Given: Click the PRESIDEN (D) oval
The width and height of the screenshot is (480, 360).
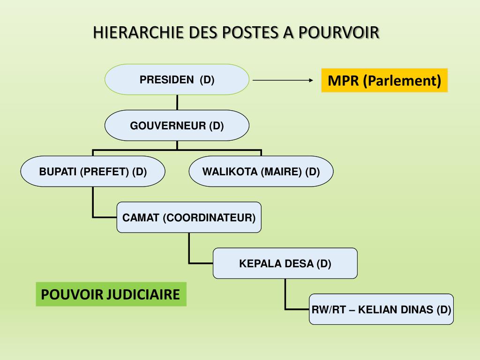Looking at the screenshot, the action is pyautogui.click(x=177, y=80).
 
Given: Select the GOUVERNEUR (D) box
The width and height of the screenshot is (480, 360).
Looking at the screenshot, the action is pyautogui.click(x=177, y=126).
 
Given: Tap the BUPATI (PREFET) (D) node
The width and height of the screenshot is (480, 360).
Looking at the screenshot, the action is pyautogui.click(x=93, y=172).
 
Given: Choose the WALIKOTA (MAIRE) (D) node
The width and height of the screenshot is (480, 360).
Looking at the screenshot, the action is pyautogui.click(x=261, y=172).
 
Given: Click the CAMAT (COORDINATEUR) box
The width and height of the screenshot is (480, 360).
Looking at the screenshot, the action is pyautogui.click(x=189, y=217).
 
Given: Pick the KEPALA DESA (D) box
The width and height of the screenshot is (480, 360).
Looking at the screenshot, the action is pyautogui.click(x=285, y=263).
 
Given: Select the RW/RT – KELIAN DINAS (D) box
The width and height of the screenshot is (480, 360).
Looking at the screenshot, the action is pyautogui.click(x=381, y=309).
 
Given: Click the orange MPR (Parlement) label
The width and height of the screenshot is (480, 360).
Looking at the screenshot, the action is pyautogui.click(x=384, y=81).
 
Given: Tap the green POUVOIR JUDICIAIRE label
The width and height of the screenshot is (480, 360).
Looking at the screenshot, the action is pyautogui.click(x=111, y=294).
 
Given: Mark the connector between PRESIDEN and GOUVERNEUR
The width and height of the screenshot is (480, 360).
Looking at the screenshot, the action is pyautogui.click(x=177, y=102).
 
